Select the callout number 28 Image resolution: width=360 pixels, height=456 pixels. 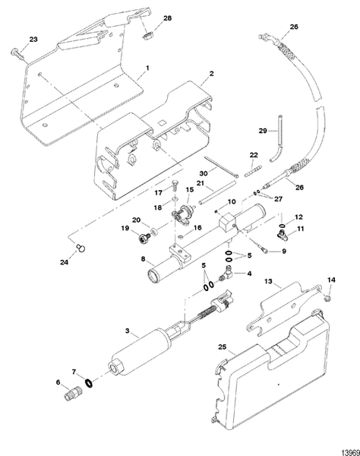pos(168,17)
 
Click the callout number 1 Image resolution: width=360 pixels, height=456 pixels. pos(147,68)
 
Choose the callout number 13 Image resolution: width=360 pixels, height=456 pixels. pos(267,281)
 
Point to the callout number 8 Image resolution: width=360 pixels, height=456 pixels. pos(141,258)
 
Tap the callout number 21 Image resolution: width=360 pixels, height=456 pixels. pos(201,184)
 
